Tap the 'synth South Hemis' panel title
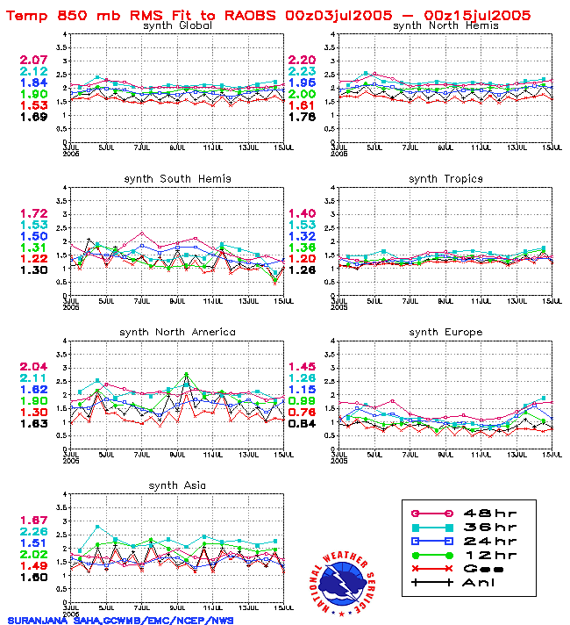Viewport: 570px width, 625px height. pos(177,179)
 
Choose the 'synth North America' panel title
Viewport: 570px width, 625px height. pos(179,332)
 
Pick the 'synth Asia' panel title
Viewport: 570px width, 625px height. pos(177,485)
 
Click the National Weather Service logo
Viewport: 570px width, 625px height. pos(345,581)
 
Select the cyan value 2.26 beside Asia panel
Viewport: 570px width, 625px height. pos(34,531)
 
